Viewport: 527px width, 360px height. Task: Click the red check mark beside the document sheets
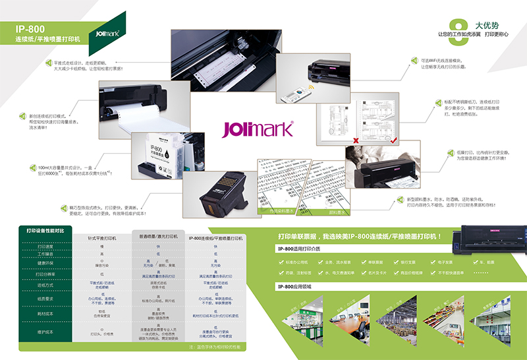[393, 140]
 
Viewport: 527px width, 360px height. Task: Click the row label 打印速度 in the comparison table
[45, 247]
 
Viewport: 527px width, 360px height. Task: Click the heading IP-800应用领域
[294, 286]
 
